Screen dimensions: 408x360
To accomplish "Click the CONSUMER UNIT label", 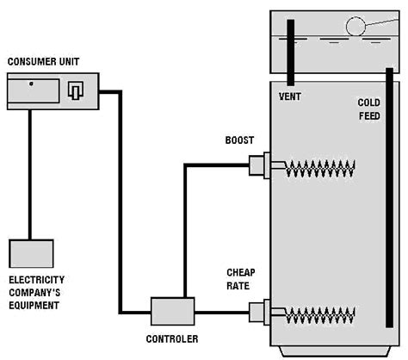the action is coord(43,61).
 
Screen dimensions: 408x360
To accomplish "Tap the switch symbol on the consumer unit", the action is coord(76,90).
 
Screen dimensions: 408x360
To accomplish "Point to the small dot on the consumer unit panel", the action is coord(31,84).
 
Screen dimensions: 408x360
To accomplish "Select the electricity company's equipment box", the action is coord(31,253).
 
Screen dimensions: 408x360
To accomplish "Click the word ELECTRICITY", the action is coord(37,280).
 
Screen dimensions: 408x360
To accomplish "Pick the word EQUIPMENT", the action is coord(34,305).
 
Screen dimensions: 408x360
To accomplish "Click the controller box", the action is coord(173,311).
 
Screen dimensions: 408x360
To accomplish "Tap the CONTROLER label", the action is coord(172,339).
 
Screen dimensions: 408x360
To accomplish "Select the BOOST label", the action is coord(239,140).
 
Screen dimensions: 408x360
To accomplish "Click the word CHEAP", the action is coord(241,272).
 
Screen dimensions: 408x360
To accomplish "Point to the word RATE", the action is coord(238,286).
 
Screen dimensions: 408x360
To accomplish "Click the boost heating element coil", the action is coord(320,169).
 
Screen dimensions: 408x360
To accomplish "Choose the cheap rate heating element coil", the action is coord(320,315).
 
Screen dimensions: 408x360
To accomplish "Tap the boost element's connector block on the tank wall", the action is coord(259,165).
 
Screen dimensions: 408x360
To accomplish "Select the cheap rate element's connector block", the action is coord(259,313).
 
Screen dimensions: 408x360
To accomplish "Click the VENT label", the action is coord(290,96).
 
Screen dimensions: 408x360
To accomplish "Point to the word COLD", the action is coord(369,102).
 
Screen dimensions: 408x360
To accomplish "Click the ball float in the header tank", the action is coord(355,27).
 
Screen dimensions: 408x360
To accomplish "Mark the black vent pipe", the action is coord(291,53).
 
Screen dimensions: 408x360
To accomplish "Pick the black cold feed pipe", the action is coord(389,198).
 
